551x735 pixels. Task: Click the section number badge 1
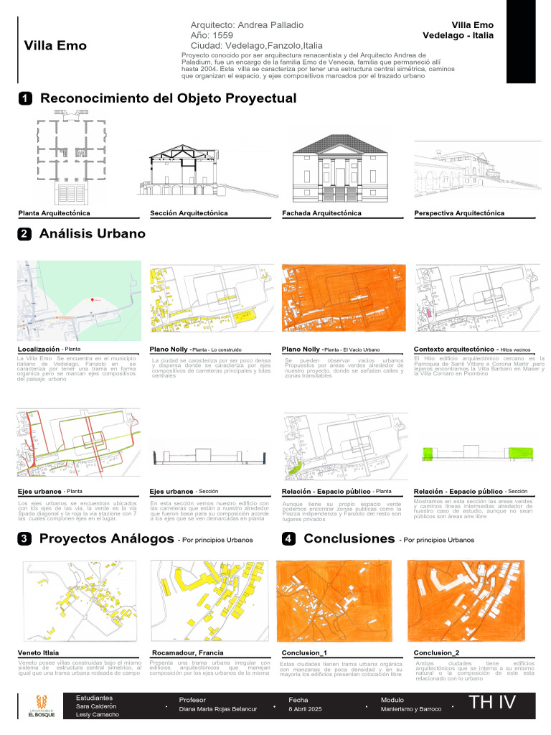pyautogui.click(x=24, y=98)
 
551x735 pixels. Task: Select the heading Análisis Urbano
pyautogui.click(x=92, y=234)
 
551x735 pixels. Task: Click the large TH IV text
pyautogui.click(x=492, y=703)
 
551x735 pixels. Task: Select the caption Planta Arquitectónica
pyautogui.click(x=54, y=213)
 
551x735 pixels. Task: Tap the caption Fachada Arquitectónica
pyautogui.click(x=321, y=213)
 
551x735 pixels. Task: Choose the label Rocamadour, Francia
pyautogui.click(x=182, y=652)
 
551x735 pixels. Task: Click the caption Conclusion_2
pyautogui.click(x=436, y=652)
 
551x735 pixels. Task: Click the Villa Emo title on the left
pyautogui.click(x=55, y=46)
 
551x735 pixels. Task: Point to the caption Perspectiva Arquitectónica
pyautogui.click(x=459, y=213)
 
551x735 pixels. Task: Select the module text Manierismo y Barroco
pyautogui.click(x=411, y=709)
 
